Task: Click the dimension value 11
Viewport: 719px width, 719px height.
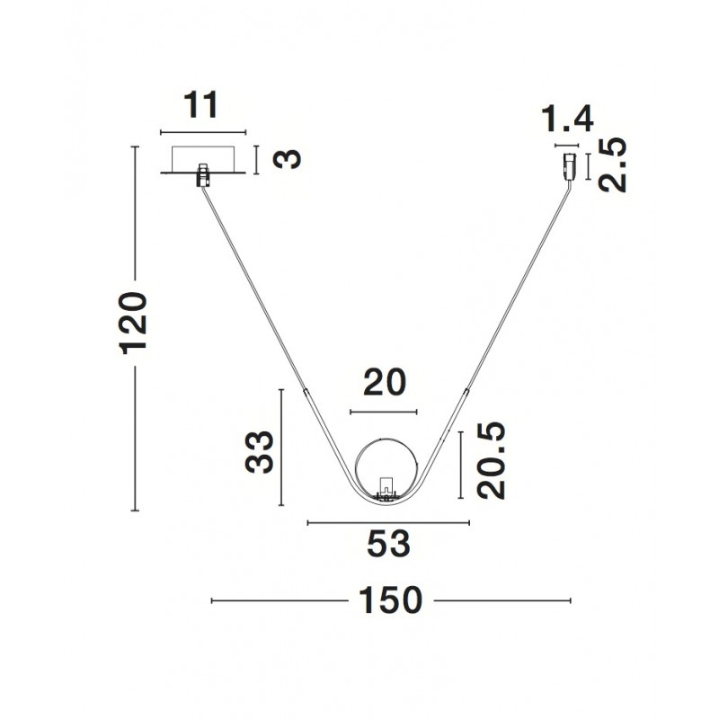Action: [x=200, y=105]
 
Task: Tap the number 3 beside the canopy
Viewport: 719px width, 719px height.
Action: [x=287, y=159]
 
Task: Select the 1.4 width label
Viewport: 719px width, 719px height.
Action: [x=568, y=120]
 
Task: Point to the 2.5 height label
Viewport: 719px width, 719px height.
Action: [x=612, y=164]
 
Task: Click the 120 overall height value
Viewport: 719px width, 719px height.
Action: [x=133, y=323]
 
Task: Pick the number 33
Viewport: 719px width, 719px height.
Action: [x=260, y=452]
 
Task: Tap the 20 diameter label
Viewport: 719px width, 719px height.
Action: [x=385, y=383]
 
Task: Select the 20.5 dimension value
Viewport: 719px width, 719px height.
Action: [x=491, y=460]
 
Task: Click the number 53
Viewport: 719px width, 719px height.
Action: [x=388, y=544]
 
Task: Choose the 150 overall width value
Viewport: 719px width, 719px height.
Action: [x=390, y=600]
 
